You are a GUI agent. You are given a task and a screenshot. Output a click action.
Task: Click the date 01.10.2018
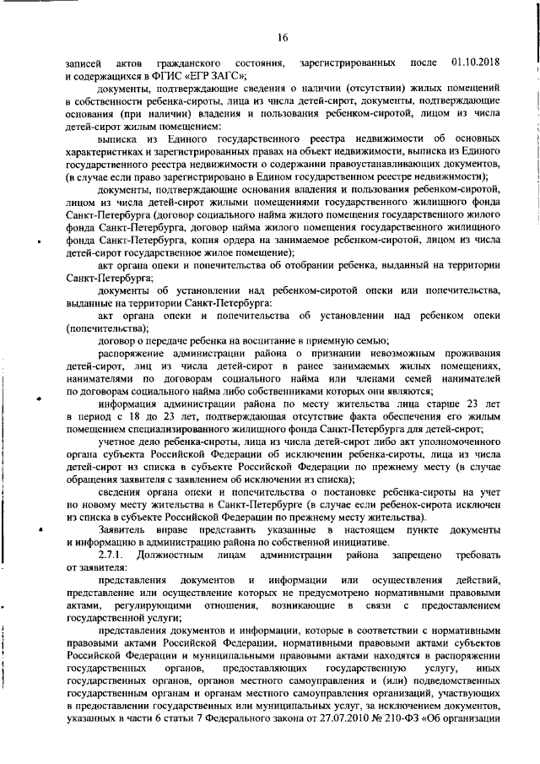point(477,64)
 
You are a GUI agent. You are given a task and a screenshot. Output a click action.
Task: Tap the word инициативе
point(353,539)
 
